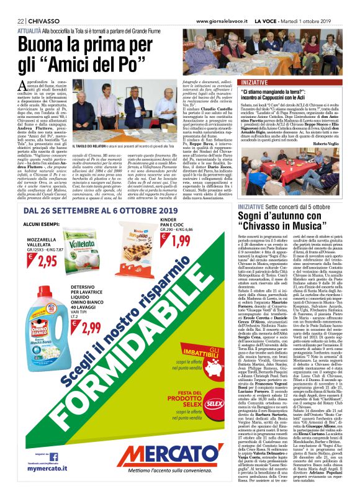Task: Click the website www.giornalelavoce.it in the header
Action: tap(229, 5)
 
